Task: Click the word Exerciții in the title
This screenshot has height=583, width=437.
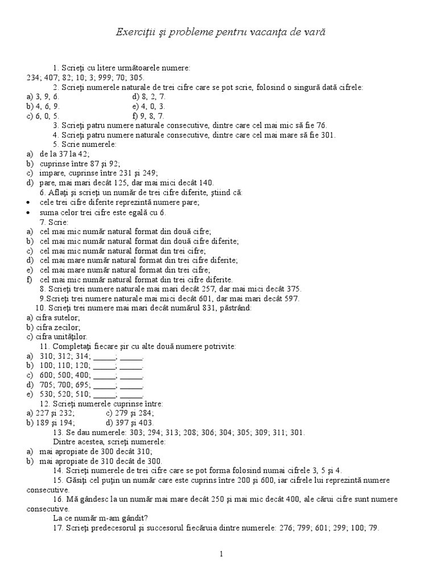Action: coord(134,33)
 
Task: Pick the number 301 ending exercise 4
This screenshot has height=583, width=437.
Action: coord(329,135)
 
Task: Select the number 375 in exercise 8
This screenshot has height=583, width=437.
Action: coord(294,289)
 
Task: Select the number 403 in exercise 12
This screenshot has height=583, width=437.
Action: coord(146,423)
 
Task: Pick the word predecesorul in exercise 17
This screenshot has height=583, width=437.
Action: coord(111,528)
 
